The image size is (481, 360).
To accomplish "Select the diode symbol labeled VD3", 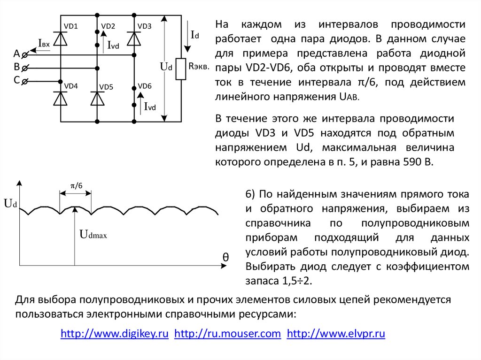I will click(x=135, y=38).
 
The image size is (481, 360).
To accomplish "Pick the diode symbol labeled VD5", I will click(x=97, y=98).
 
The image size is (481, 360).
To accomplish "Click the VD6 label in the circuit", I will click(x=145, y=86).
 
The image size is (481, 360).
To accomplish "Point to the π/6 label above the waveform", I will click(x=76, y=185).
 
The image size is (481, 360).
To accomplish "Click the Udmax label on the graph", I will click(x=94, y=234).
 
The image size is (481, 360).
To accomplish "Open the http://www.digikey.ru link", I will click(x=115, y=334).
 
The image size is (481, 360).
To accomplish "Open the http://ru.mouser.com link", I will click(x=228, y=334).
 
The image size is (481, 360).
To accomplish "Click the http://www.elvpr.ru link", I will click(x=336, y=334).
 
